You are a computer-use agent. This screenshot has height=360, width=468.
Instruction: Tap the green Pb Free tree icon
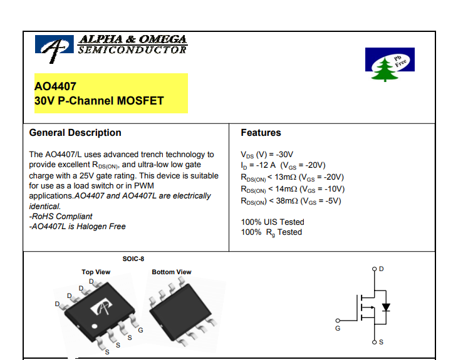pos(385,69)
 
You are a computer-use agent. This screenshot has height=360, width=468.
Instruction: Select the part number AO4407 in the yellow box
pos(55,86)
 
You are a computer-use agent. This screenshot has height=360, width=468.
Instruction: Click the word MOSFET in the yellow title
pos(140,101)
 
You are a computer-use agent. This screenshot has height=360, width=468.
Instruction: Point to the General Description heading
pos(75,133)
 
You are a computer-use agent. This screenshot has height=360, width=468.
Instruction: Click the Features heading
pos(261,133)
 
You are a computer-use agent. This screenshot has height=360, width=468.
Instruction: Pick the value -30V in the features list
pos(284,155)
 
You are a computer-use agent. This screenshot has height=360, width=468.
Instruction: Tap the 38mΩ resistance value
pos(287,201)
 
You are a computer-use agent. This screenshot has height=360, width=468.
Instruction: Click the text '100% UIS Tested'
pos(273,222)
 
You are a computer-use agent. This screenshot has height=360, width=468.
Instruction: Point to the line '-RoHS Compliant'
pos(61,216)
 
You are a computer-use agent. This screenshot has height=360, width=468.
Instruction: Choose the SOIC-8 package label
pos(133,259)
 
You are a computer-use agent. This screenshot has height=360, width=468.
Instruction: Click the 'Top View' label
pos(96,272)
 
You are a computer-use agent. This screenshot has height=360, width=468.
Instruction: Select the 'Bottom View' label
pos(172,272)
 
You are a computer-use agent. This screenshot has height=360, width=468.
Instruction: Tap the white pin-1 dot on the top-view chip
pos(95,326)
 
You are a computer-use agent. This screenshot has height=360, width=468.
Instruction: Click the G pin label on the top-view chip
pos(140,330)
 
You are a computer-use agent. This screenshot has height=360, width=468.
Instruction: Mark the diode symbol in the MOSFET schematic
pos(386,307)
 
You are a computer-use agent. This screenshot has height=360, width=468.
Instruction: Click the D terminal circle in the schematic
pos(374,269)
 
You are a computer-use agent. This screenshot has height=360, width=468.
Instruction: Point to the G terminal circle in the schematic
pos(338,321)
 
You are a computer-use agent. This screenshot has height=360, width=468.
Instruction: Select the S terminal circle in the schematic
pos(374,342)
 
